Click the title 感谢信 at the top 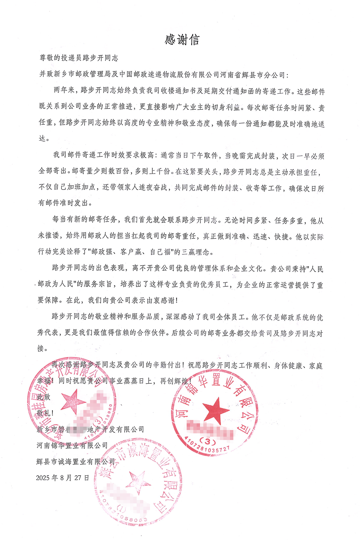pos(182,40)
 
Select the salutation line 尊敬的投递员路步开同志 pos(79,58)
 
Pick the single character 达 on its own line pos(42,138)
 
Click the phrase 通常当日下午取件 pos(189,155)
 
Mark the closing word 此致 pos(44,397)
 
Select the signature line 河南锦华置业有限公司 pos(72,445)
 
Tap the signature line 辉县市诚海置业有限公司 pos(76,462)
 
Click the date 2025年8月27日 pos(63,478)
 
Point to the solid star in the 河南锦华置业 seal pos(216,410)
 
